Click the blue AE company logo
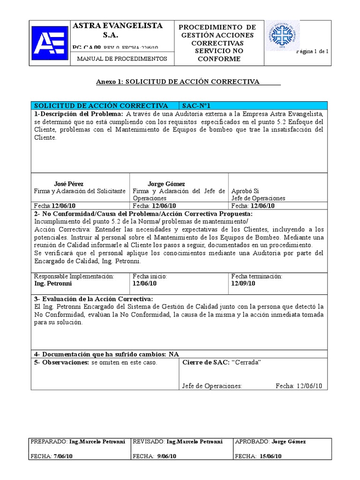point(49,43)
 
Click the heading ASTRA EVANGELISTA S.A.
point(118,30)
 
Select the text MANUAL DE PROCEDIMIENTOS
point(121,59)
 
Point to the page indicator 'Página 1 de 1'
point(313,52)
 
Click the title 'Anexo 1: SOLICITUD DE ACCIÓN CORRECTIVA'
point(178,82)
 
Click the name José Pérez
point(69,184)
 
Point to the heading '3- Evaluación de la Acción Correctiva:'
point(93,299)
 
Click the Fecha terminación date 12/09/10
point(243,284)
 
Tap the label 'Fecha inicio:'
point(150,277)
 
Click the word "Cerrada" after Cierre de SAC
point(246,362)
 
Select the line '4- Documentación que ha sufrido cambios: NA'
point(106,353)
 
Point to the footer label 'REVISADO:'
point(149,442)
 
